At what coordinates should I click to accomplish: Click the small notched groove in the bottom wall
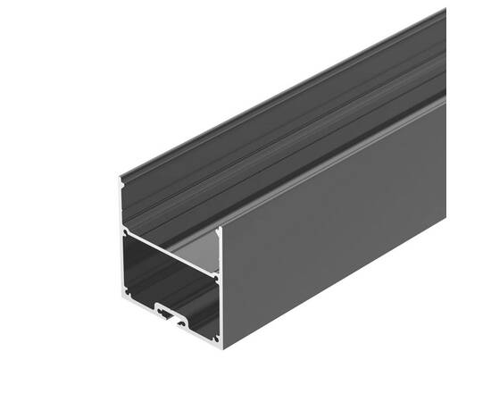[x=170, y=314]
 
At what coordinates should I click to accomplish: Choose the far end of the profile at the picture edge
[x=443, y=54]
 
